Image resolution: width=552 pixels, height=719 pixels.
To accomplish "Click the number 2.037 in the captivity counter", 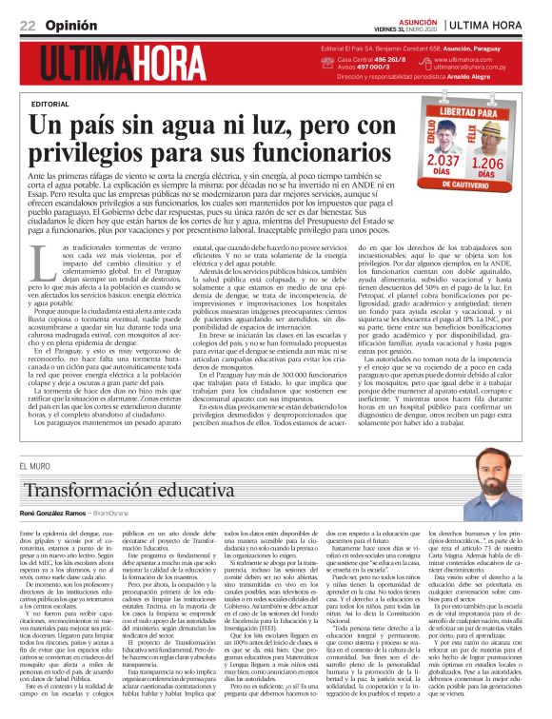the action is (x=444, y=161).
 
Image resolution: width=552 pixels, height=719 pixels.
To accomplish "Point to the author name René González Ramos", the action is (x=56, y=514).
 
